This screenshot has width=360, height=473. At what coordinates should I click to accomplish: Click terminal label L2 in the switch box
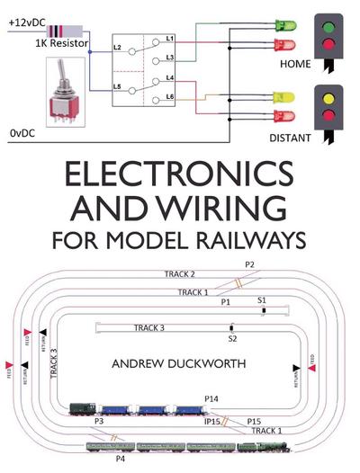[x=118, y=45]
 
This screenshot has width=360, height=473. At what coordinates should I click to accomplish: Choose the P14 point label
[x=211, y=398]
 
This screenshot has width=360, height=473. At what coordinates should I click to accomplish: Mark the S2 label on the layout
[x=231, y=339]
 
